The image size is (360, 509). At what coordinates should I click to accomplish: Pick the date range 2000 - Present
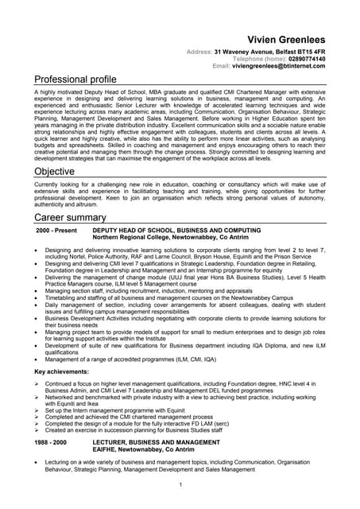(x=56, y=230)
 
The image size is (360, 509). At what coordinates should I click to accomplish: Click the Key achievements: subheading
(x=62, y=371)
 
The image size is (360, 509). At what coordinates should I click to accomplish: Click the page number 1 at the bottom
(x=180, y=484)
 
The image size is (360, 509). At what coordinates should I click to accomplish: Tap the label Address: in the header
(x=199, y=52)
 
